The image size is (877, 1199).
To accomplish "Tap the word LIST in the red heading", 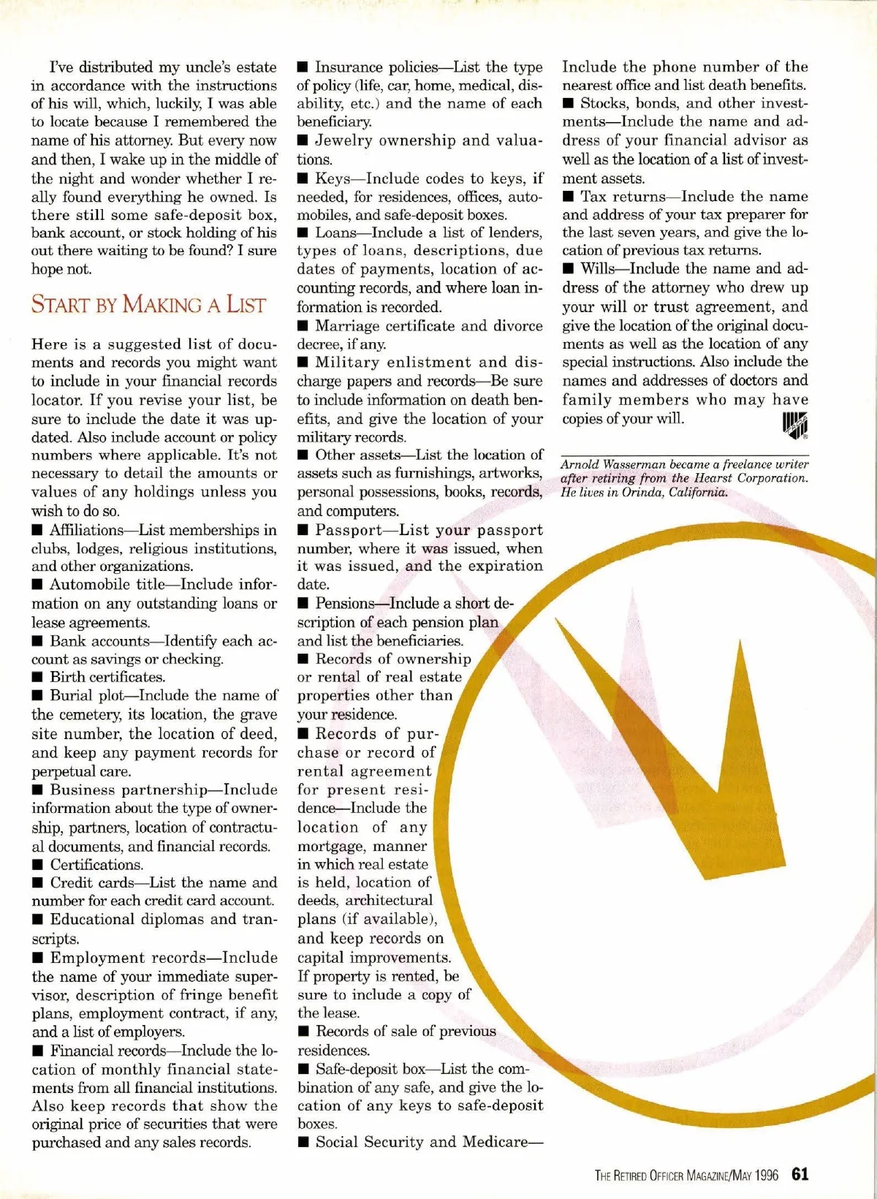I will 246,304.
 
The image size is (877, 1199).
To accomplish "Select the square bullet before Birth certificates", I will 37,678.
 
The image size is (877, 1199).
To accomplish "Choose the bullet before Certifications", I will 37,865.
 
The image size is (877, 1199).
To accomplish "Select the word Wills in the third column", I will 598,269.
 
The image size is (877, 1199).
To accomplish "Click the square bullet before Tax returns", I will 568,197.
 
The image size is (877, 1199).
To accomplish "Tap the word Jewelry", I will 343,140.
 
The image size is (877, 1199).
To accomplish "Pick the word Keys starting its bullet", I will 333,178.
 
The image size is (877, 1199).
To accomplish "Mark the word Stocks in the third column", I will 603,104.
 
